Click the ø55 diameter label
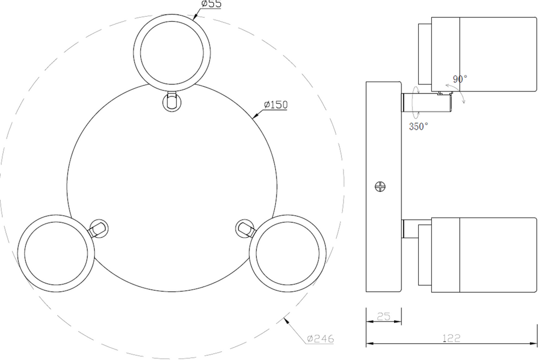(211, 4)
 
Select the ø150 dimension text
(275, 105)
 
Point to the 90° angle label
(460, 79)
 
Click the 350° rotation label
(418, 126)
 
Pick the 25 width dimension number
(384, 316)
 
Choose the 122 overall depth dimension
(451, 338)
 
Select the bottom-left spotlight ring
(55, 252)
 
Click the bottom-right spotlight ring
(287, 252)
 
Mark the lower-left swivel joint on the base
(98, 229)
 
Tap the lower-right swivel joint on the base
(244, 228)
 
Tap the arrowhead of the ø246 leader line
(285, 318)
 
